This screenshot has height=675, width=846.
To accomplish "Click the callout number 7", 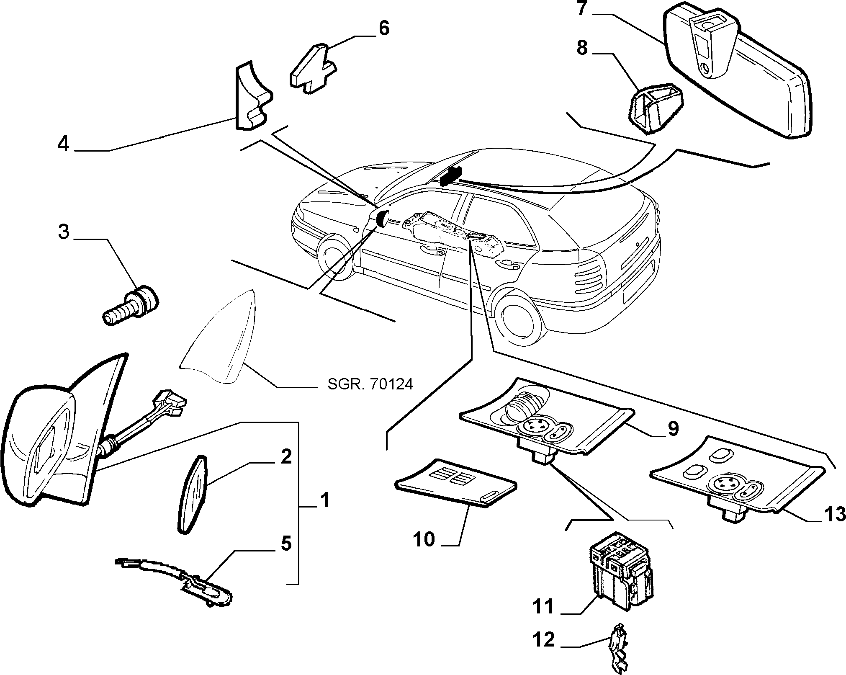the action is click(x=583, y=8).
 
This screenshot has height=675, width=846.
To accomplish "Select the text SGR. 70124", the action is click(x=370, y=384).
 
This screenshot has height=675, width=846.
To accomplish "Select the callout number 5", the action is click(x=285, y=544).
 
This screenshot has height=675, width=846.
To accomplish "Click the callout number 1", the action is click(x=324, y=500).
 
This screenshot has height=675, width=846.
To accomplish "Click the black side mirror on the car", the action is click(x=383, y=218).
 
